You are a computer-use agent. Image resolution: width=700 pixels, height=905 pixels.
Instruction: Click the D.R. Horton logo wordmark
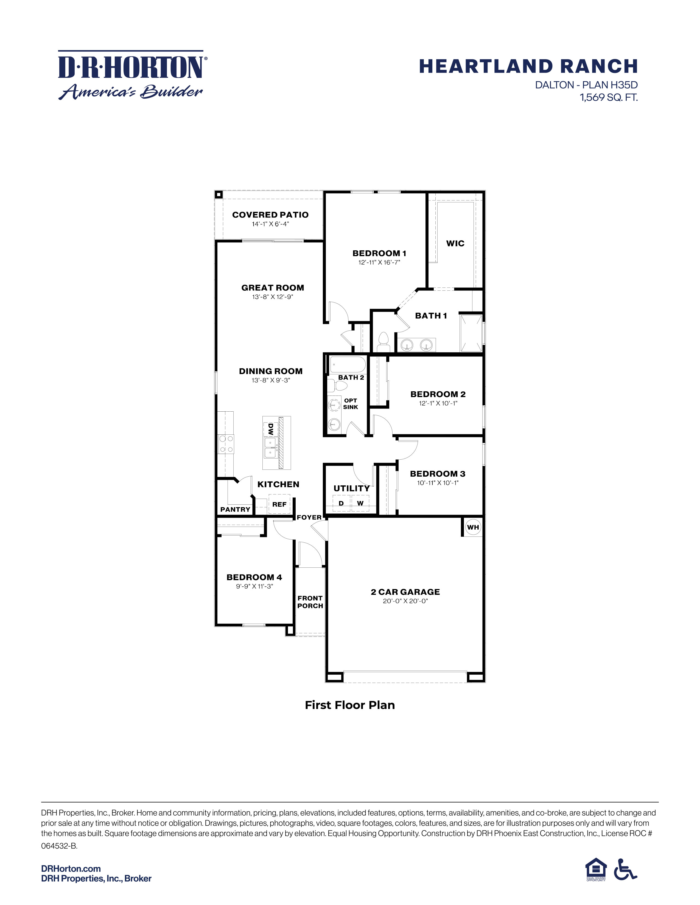(x=130, y=67)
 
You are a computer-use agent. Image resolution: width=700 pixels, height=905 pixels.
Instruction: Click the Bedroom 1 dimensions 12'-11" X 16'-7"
(x=379, y=262)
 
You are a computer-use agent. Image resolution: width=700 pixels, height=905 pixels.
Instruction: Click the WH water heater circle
(x=473, y=527)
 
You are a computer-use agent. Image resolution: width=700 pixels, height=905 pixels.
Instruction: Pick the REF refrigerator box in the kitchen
(x=279, y=504)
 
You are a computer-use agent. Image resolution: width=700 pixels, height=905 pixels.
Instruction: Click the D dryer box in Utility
(x=341, y=503)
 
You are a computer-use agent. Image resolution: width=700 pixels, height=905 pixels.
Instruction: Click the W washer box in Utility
(x=360, y=503)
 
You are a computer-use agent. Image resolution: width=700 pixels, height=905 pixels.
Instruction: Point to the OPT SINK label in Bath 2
(x=351, y=404)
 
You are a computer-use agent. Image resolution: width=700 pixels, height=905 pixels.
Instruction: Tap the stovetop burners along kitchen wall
(x=226, y=443)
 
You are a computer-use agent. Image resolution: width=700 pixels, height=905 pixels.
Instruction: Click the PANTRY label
(x=235, y=509)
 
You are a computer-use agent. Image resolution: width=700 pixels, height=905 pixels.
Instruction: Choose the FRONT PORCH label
(x=310, y=602)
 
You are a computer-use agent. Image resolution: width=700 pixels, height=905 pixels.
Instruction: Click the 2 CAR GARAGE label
(x=405, y=592)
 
